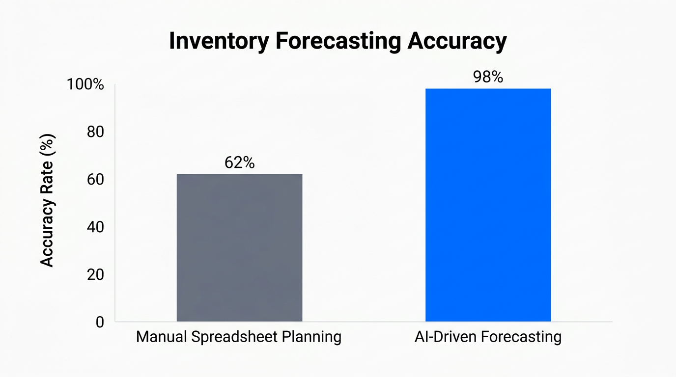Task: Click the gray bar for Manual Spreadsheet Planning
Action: [239, 248]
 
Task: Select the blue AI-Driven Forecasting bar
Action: [488, 205]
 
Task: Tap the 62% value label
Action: [239, 163]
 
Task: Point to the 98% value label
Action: [488, 77]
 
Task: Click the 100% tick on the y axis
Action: [85, 84]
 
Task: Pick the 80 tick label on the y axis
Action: [94, 132]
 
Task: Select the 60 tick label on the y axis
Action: [94, 180]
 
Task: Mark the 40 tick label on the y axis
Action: [94, 227]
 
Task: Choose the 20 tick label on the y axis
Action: [94, 274]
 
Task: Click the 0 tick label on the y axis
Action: [99, 322]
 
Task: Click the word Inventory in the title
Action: [219, 42]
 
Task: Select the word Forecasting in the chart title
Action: [338, 42]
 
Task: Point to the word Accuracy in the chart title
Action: [456, 42]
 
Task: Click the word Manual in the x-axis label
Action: [161, 337]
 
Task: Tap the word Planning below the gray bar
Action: [312, 337]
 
